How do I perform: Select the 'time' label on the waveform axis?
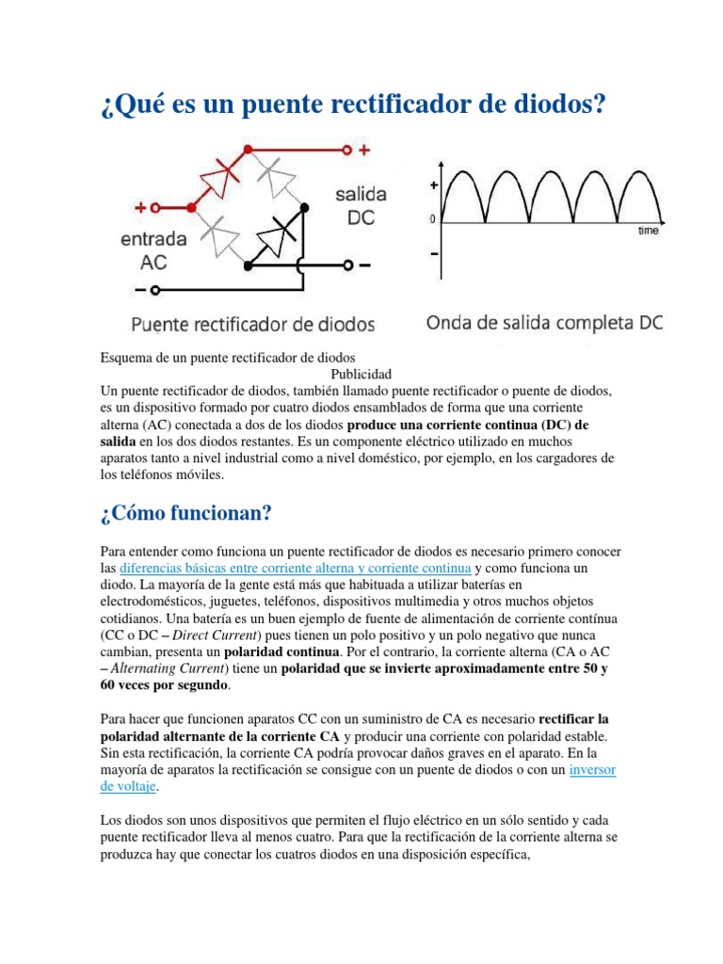(648, 230)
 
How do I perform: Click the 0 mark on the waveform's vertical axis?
(433, 220)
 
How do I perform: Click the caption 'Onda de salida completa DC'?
(545, 323)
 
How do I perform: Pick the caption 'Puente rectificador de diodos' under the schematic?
(252, 326)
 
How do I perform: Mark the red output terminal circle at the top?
(346, 149)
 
